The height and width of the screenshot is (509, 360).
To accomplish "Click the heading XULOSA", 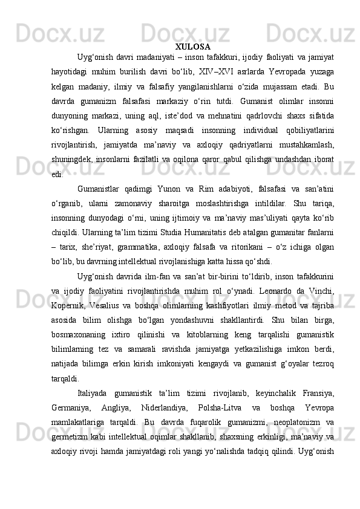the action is pos(193,47).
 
